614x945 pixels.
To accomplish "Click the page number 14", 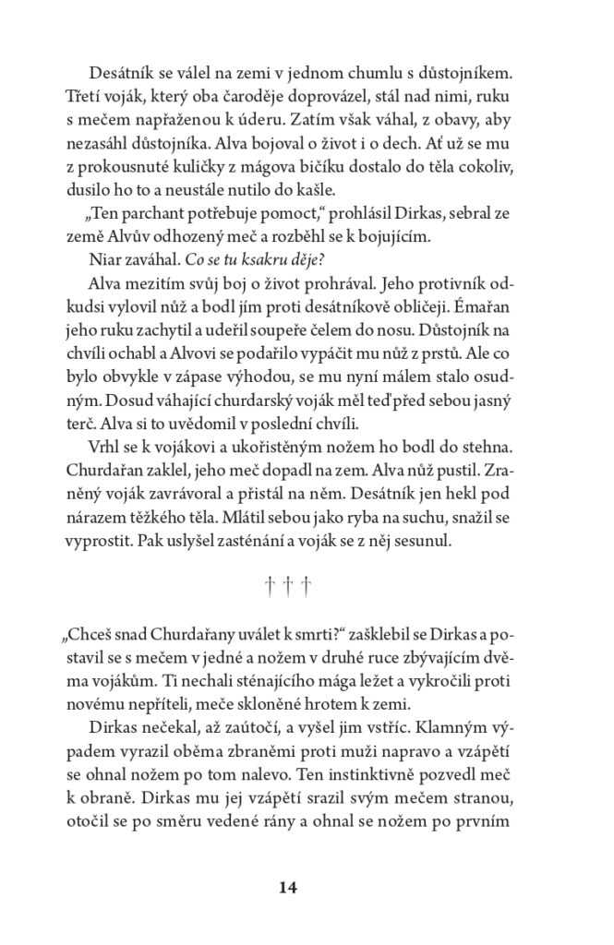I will click(x=287, y=888).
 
